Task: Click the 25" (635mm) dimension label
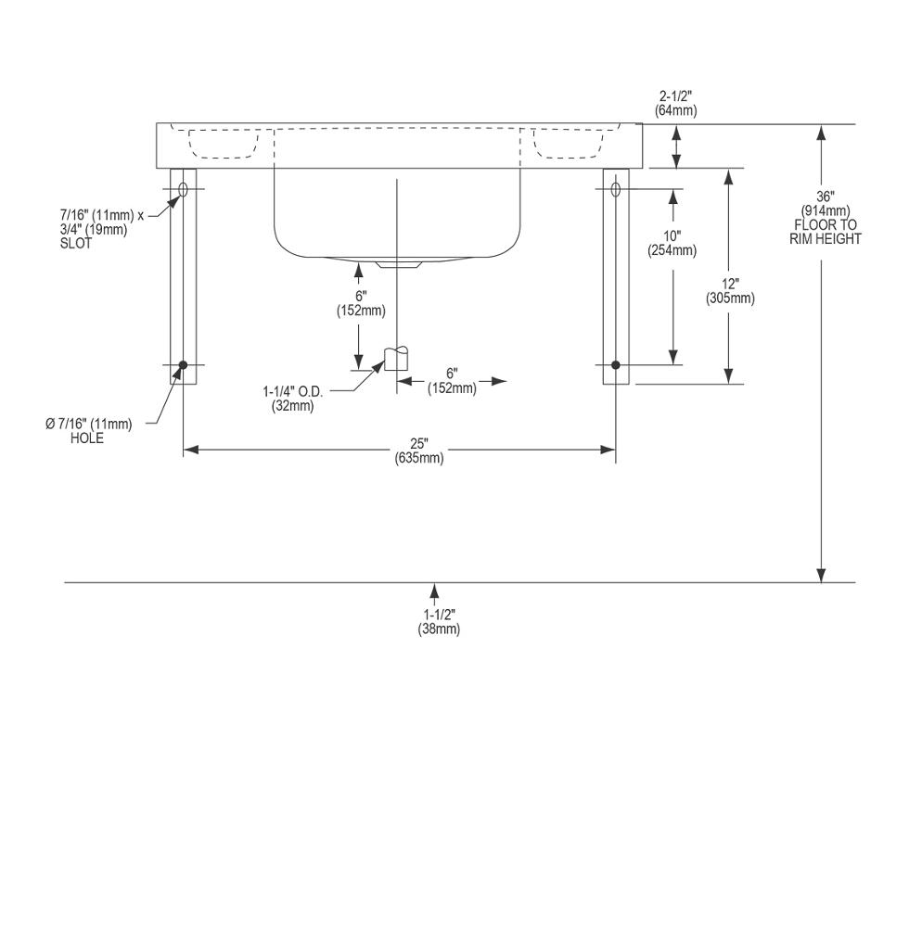pyautogui.click(x=419, y=451)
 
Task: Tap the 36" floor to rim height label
pyautogui.click(x=826, y=218)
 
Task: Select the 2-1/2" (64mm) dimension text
pyautogui.click(x=675, y=103)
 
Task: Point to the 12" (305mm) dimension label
pyautogui.click(x=730, y=291)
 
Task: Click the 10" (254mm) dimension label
pyautogui.click(x=672, y=243)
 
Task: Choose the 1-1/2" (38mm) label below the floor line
pyautogui.click(x=439, y=622)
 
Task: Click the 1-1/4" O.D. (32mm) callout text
pyautogui.click(x=293, y=399)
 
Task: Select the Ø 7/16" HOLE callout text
pyautogui.click(x=89, y=431)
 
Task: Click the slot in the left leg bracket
pyautogui.click(x=183, y=189)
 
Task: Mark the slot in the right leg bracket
pyautogui.click(x=616, y=189)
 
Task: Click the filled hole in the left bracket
pyautogui.click(x=183, y=364)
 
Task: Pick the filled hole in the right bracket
pyautogui.click(x=616, y=364)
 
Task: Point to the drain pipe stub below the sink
pyautogui.click(x=397, y=358)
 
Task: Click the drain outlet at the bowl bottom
pyautogui.click(x=398, y=263)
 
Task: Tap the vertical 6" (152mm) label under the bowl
pyautogui.click(x=361, y=303)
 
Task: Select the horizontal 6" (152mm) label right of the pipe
pyautogui.click(x=452, y=381)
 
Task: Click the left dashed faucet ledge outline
pyautogui.click(x=224, y=144)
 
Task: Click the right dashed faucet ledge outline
pyautogui.click(x=569, y=144)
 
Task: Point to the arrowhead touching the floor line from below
pyautogui.click(x=435, y=590)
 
